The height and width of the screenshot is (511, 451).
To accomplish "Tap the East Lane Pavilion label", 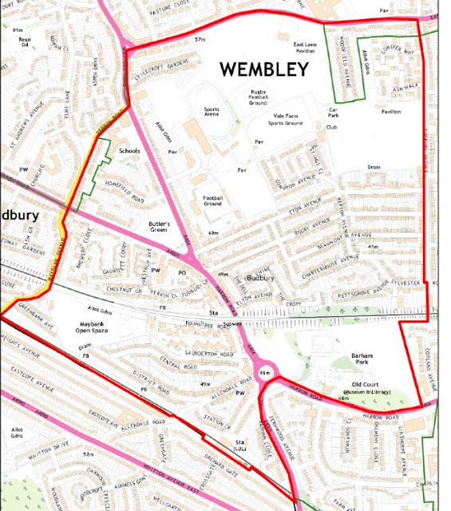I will pyautogui.click(x=305, y=47).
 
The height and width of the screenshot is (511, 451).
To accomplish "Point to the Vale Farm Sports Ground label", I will pyautogui.click(x=286, y=121).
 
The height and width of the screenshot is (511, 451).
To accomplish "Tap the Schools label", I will pyautogui.click(x=129, y=150).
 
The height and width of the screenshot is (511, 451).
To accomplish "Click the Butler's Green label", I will pyautogui.click(x=160, y=228).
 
